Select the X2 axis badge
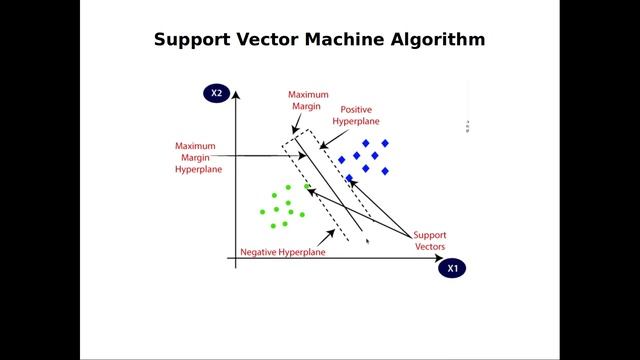tap(216, 94)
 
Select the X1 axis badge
tap(452, 268)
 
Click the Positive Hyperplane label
tap(357, 115)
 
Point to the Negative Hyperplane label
tap(283, 253)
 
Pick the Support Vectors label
tap(430, 240)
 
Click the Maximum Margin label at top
tap(308, 101)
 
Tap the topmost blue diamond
tap(365, 144)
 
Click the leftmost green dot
tap(263, 211)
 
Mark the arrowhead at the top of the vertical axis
tap(234, 96)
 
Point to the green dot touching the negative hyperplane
tap(306, 187)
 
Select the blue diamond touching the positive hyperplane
tap(349, 178)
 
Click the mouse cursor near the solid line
tap(367, 240)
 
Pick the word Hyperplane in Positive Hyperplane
tap(357, 121)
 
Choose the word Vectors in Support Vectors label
tap(430, 246)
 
